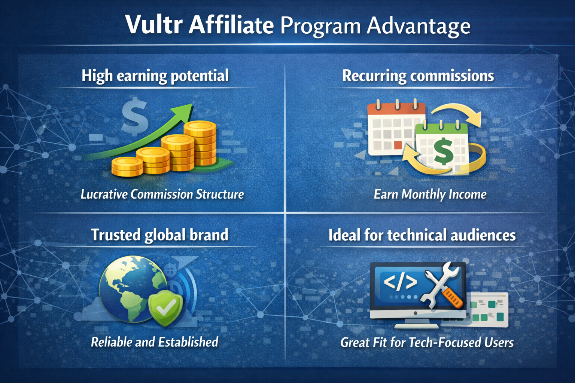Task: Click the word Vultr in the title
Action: pyautogui.click(x=154, y=25)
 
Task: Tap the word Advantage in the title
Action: pyautogui.click(x=418, y=26)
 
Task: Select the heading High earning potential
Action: pyautogui.click(x=155, y=76)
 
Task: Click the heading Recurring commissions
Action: pyautogui.click(x=418, y=76)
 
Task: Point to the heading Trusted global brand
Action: pyautogui.click(x=159, y=235)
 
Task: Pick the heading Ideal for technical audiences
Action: pyautogui.click(x=422, y=235)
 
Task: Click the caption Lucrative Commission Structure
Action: pyautogui.click(x=162, y=194)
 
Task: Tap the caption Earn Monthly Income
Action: pyautogui.click(x=430, y=194)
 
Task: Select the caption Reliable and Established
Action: pyautogui.click(x=154, y=342)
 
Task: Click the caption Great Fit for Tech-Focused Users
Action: pyautogui.click(x=427, y=342)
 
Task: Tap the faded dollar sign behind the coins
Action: pyautogui.click(x=135, y=117)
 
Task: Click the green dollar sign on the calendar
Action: pyautogui.click(x=443, y=151)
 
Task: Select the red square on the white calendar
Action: pyautogui.click(x=398, y=145)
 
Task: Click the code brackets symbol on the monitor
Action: pyautogui.click(x=400, y=282)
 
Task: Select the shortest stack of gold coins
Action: pyautogui.click(x=127, y=167)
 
